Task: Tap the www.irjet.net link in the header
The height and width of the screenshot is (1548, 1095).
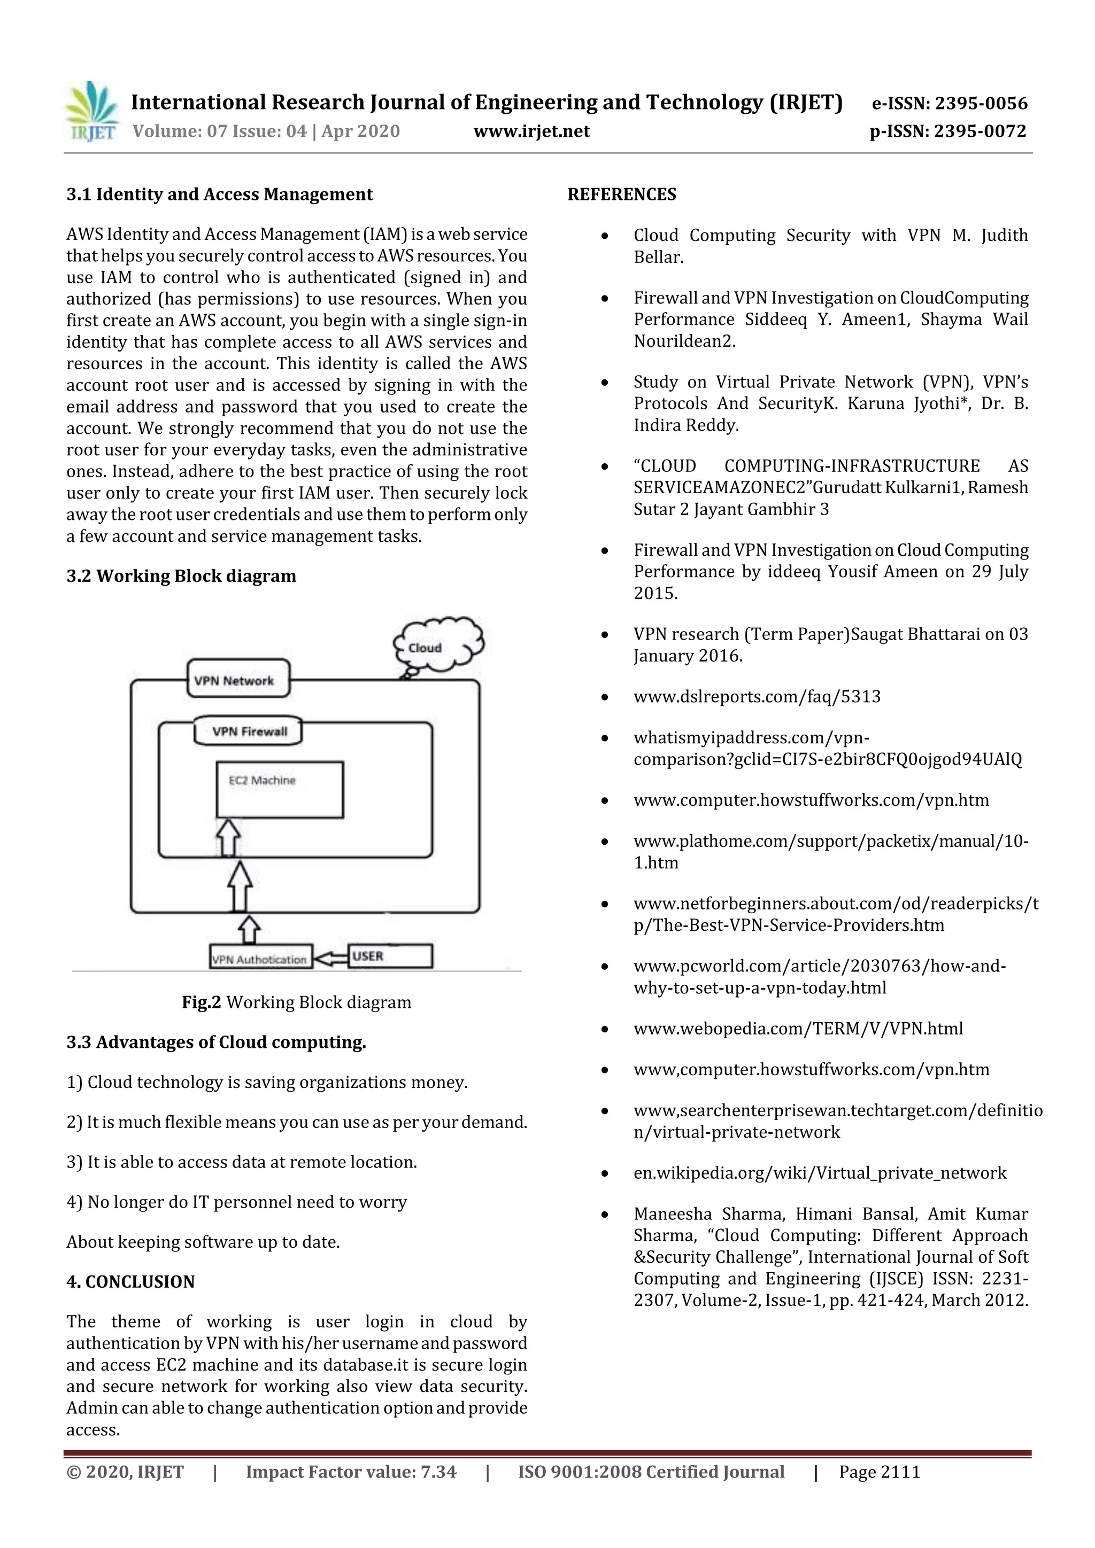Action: pos(531,131)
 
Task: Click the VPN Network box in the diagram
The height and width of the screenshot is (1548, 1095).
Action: pos(237,679)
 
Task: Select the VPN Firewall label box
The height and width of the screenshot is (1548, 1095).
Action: pos(248,732)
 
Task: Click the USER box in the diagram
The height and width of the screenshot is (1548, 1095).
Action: pos(390,956)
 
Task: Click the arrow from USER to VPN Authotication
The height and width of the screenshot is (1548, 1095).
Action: pos(330,958)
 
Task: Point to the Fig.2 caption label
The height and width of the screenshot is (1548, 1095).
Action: pos(201,1002)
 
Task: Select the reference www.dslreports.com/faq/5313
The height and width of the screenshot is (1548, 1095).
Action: pos(757,696)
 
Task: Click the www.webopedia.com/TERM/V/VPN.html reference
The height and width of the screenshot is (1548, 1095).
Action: pos(798,1028)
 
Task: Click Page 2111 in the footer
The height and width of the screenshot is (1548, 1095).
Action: pos(879,1471)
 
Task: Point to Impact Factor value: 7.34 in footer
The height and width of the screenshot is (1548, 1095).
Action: pos(351,1471)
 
